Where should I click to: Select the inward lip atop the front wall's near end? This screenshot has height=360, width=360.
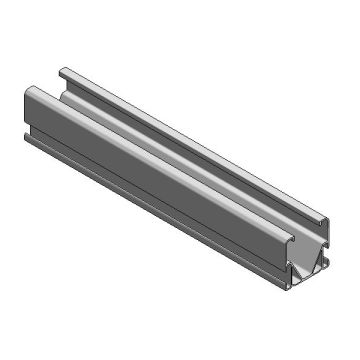click(x=283, y=239)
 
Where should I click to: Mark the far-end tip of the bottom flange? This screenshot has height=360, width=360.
click(x=27, y=137)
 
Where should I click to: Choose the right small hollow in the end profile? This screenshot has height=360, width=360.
click(x=319, y=262)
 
